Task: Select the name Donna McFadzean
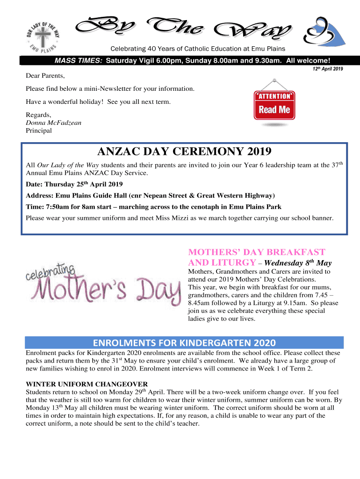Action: (x=53, y=123)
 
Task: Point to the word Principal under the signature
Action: (x=39, y=131)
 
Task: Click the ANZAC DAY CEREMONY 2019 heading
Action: (x=184, y=152)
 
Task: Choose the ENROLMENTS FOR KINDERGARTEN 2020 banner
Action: (x=184, y=342)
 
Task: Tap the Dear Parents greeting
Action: (x=45, y=76)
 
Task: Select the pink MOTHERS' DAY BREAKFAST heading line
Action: (x=256, y=252)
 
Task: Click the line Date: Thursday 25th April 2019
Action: (x=74, y=184)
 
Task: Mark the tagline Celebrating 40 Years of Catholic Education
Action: (x=197, y=49)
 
